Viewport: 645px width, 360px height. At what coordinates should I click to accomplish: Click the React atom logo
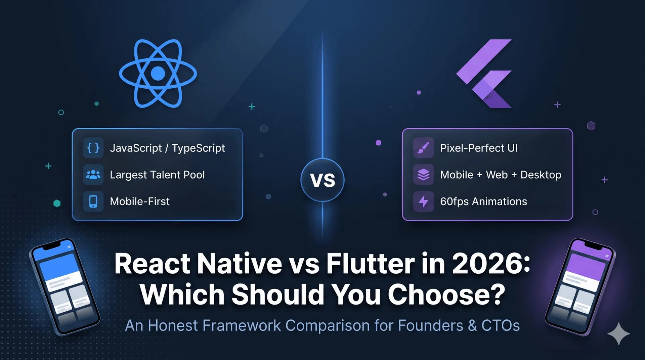coord(158,73)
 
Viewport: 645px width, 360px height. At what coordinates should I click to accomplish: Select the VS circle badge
coord(322,180)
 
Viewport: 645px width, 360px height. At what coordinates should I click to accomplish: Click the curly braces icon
coord(93,148)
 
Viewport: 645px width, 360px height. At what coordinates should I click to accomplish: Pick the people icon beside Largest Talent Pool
coord(93,175)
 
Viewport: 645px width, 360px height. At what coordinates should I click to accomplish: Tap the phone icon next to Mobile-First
coord(93,201)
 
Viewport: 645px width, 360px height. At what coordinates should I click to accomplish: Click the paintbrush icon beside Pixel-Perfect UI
coord(423,148)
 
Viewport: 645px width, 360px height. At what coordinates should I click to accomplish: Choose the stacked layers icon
coord(423,175)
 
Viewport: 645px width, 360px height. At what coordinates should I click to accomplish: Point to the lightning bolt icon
coord(423,201)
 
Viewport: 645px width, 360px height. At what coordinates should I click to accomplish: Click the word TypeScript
coord(198,148)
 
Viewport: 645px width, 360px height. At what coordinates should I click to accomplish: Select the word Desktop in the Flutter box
coord(541,175)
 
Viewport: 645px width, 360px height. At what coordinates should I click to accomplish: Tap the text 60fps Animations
coord(483,201)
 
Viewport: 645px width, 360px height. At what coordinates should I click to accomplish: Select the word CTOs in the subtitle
coord(501,325)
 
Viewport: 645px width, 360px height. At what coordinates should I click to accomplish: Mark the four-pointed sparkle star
coord(618,333)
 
